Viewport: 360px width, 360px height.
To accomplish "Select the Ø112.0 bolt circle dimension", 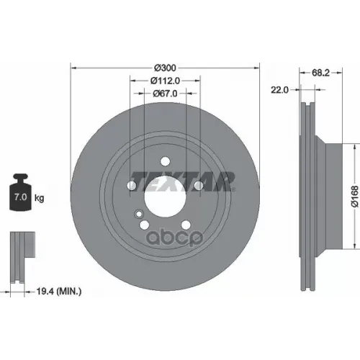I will coord(165,80).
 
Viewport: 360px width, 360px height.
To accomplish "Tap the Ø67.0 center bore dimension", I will coord(165,93).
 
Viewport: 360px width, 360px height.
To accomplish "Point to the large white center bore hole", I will coord(165,193).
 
